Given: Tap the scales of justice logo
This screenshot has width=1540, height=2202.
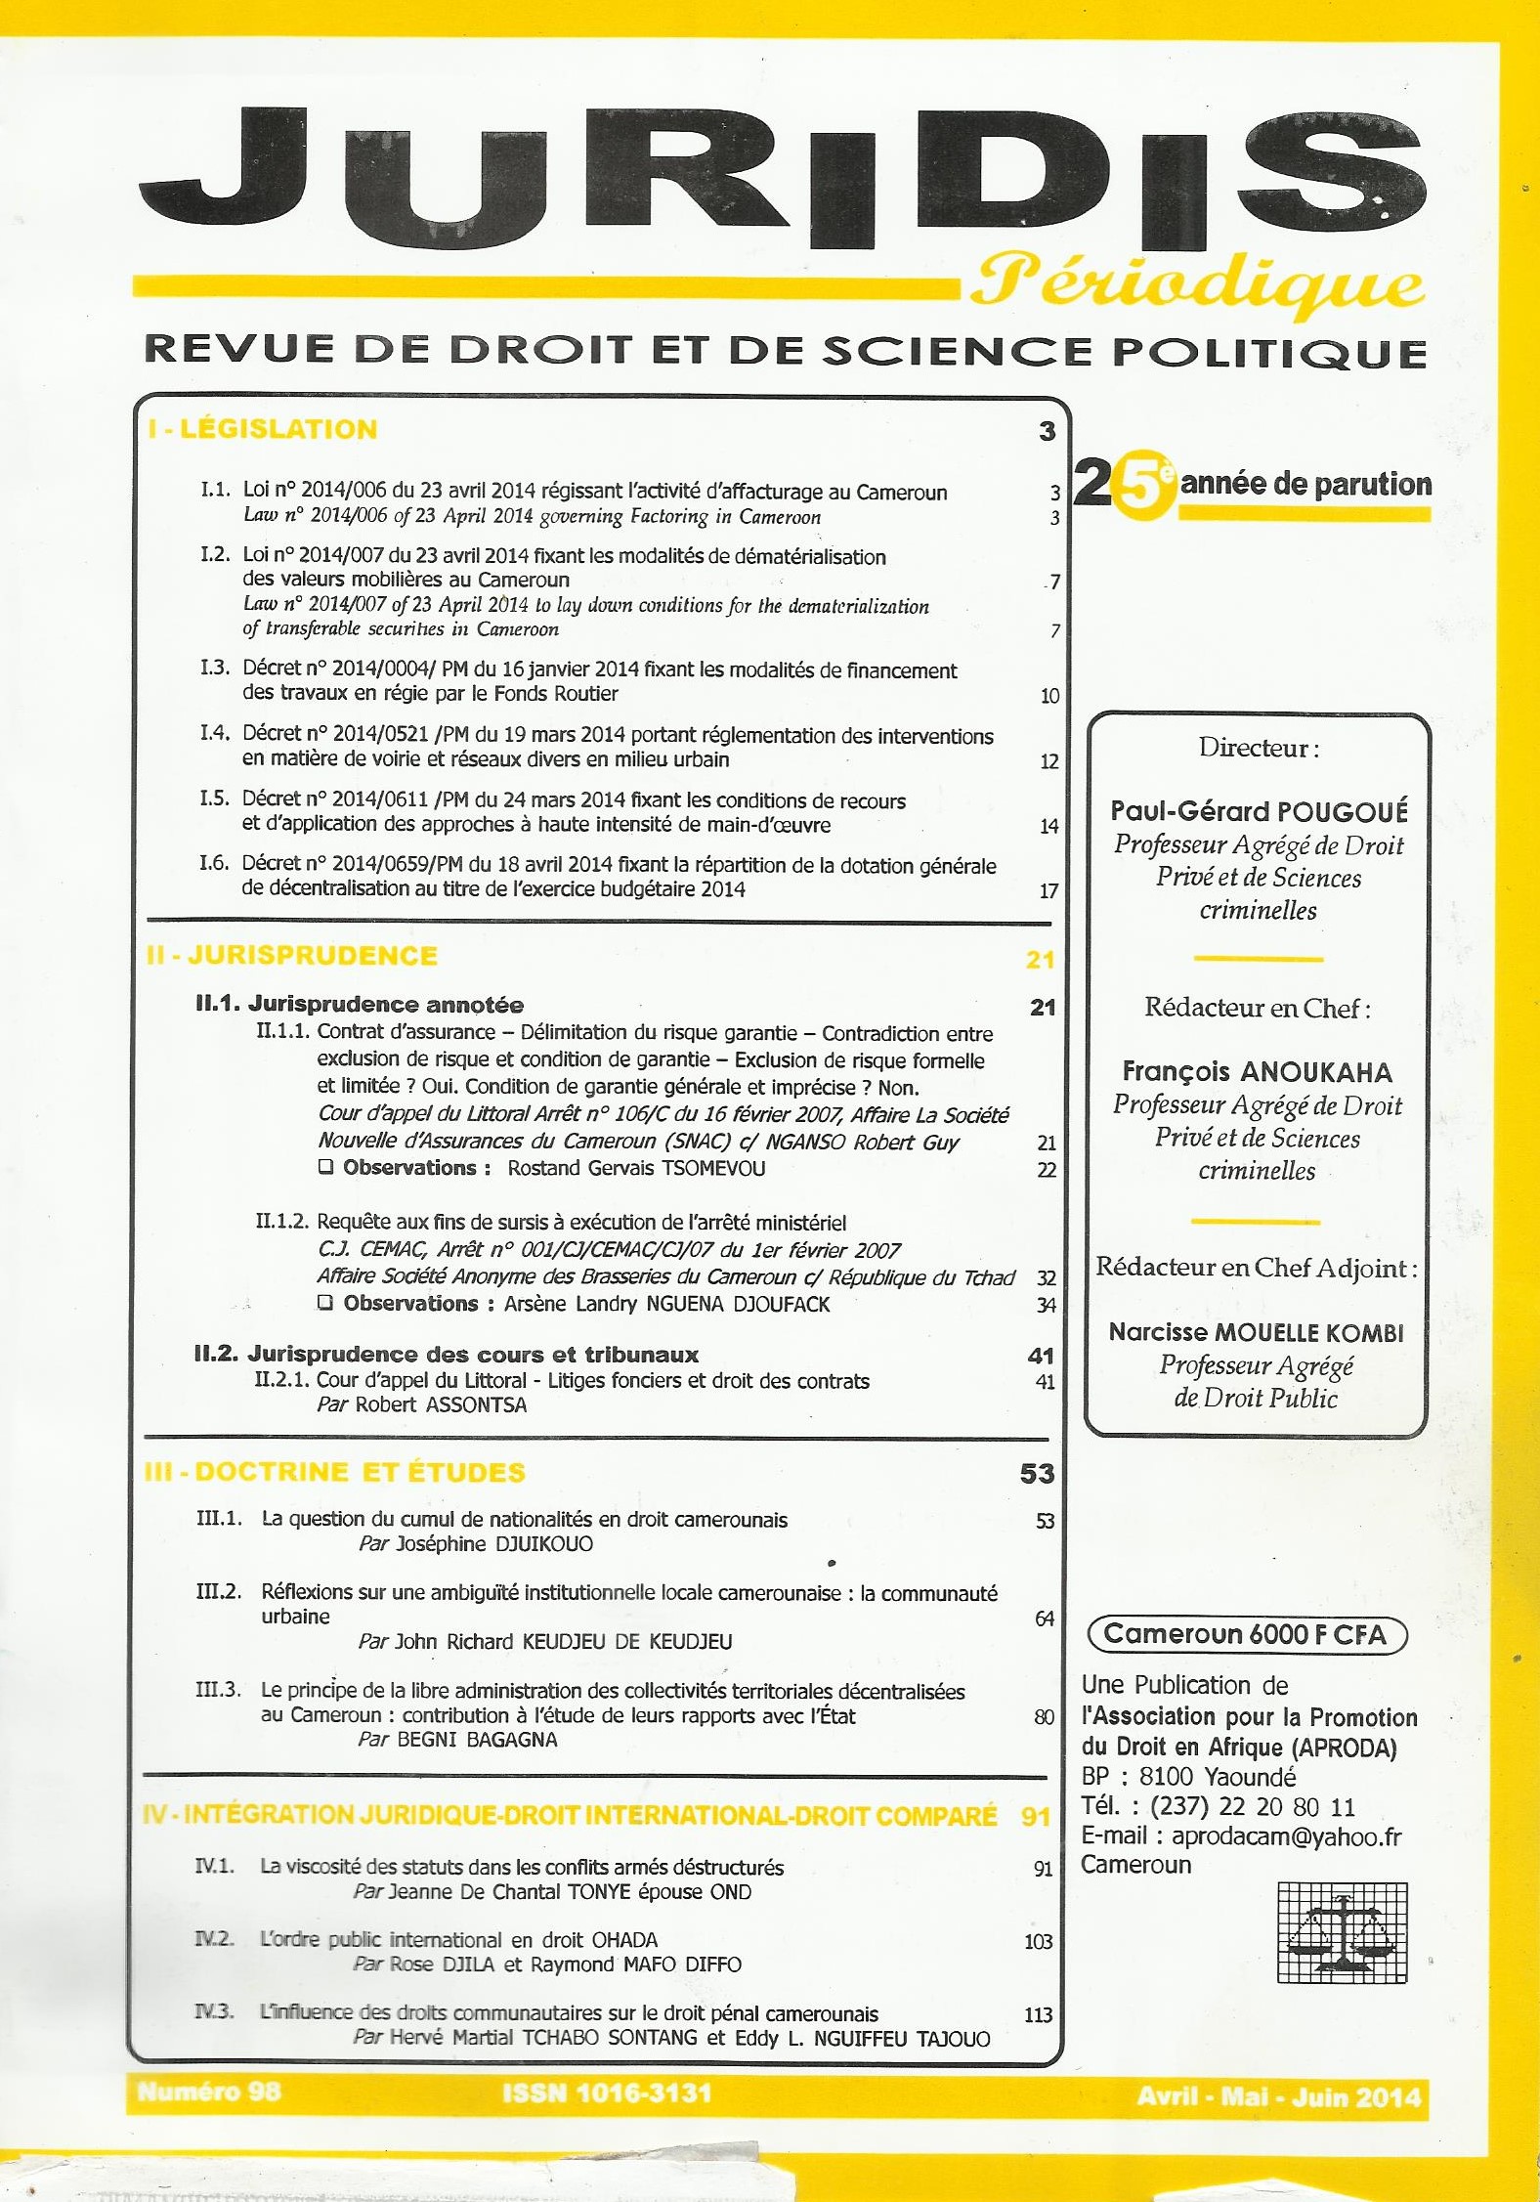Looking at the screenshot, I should pyautogui.click(x=1343, y=1931).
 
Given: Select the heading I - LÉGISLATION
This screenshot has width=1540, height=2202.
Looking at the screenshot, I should pyautogui.click(x=263, y=429).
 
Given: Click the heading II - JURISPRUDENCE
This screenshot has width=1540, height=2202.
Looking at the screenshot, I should pyautogui.click(x=292, y=955).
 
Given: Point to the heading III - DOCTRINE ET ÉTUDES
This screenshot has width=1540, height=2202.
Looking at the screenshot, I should pyautogui.click(x=335, y=1472).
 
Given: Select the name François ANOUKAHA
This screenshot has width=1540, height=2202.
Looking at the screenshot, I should pyautogui.click(x=1257, y=1071).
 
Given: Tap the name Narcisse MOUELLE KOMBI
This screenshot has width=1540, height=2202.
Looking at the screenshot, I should pyautogui.click(x=1256, y=1332).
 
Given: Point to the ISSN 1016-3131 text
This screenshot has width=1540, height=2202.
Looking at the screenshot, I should pyautogui.click(x=607, y=2093).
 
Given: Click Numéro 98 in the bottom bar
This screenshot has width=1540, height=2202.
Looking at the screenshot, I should pyautogui.click(x=209, y=2092).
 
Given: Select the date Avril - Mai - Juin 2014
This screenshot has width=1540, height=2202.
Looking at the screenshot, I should pyautogui.click(x=1278, y=2096).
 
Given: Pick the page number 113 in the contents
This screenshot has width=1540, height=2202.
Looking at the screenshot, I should pyautogui.click(x=1038, y=2014).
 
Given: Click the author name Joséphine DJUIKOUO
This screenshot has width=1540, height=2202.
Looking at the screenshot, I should pyautogui.click(x=494, y=1544).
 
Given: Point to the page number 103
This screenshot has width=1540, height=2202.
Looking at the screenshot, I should pyautogui.click(x=1038, y=1941).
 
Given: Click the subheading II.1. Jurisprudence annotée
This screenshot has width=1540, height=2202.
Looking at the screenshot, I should pyautogui.click(x=360, y=1004).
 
